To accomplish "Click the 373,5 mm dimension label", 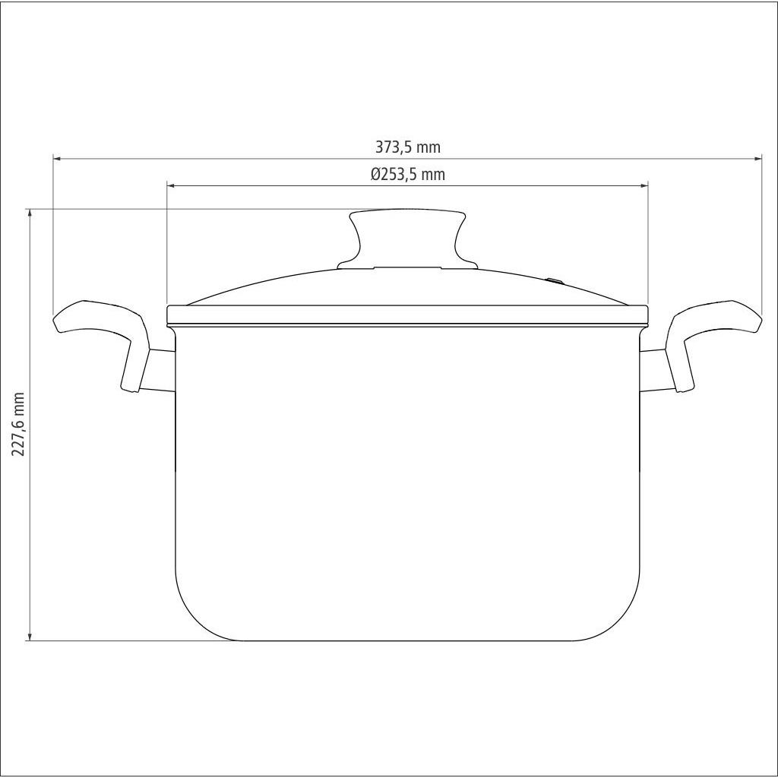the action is tap(407, 147).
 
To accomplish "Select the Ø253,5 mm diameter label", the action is tap(407, 174).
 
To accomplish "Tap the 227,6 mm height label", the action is tap(18, 424).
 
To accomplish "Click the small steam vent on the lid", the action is tap(555, 281).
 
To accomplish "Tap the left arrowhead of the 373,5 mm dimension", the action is tap(56, 159).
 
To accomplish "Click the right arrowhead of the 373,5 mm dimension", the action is tap(758, 159).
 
